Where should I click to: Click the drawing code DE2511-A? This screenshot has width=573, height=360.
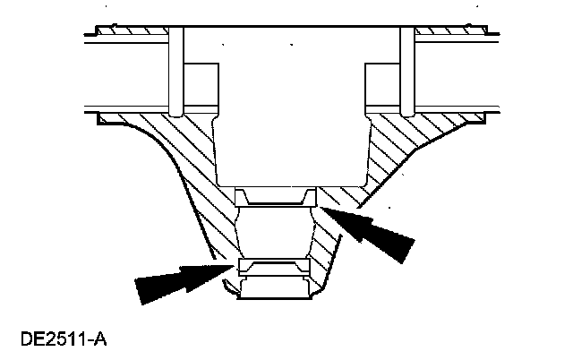pyautogui.click(x=64, y=341)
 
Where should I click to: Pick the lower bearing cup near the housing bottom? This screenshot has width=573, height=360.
pyautogui.click(x=274, y=266)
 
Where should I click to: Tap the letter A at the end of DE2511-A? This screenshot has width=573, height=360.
pyautogui.click(x=101, y=341)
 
